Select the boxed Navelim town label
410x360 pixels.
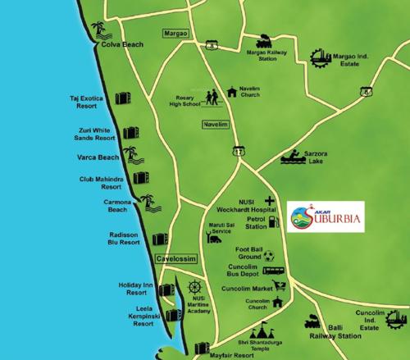(212, 125)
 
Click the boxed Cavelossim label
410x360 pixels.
(177, 258)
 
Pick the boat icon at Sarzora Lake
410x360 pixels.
(292, 157)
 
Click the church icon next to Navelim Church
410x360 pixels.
(232, 90)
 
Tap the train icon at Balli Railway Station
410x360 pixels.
(312, 322)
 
